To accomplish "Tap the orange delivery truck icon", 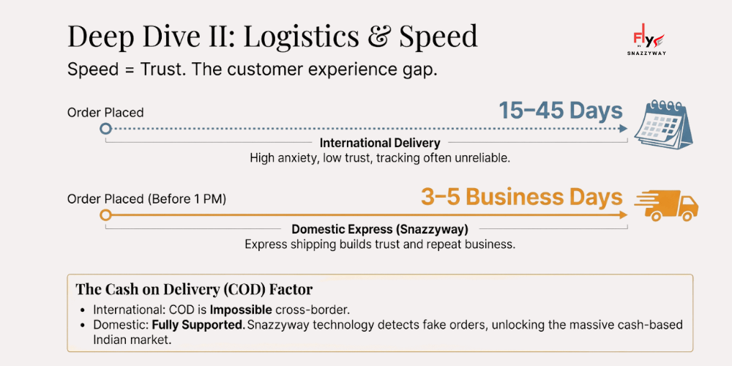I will point(665,206).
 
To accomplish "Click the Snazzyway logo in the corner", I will point(649,42).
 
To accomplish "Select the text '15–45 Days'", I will point(561,111).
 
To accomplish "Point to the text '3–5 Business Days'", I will point(521,197).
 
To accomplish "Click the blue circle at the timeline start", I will point(105,129).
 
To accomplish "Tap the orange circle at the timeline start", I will point(105,215).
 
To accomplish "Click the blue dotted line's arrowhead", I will point(623,129).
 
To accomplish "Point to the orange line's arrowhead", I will point(623,215).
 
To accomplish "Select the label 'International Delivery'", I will point(380,143).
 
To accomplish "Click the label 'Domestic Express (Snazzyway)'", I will point(380,229).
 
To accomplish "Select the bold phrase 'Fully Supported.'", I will point(198,324).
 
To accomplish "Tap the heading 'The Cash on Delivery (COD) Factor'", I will point(194,289).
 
